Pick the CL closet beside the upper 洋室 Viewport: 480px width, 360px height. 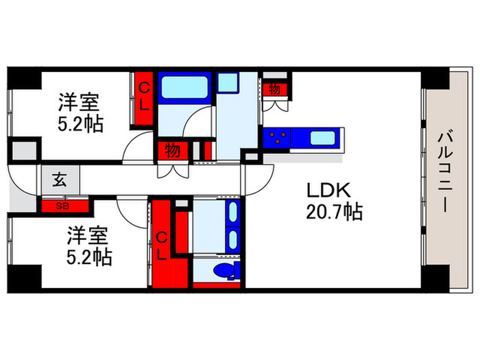click(144, 97)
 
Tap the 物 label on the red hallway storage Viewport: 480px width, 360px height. click(172, 150)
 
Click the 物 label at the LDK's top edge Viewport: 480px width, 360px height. click(275, 89)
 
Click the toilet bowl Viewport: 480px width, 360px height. click(222, 271)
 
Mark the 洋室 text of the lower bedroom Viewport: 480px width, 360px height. click(87, 237)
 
